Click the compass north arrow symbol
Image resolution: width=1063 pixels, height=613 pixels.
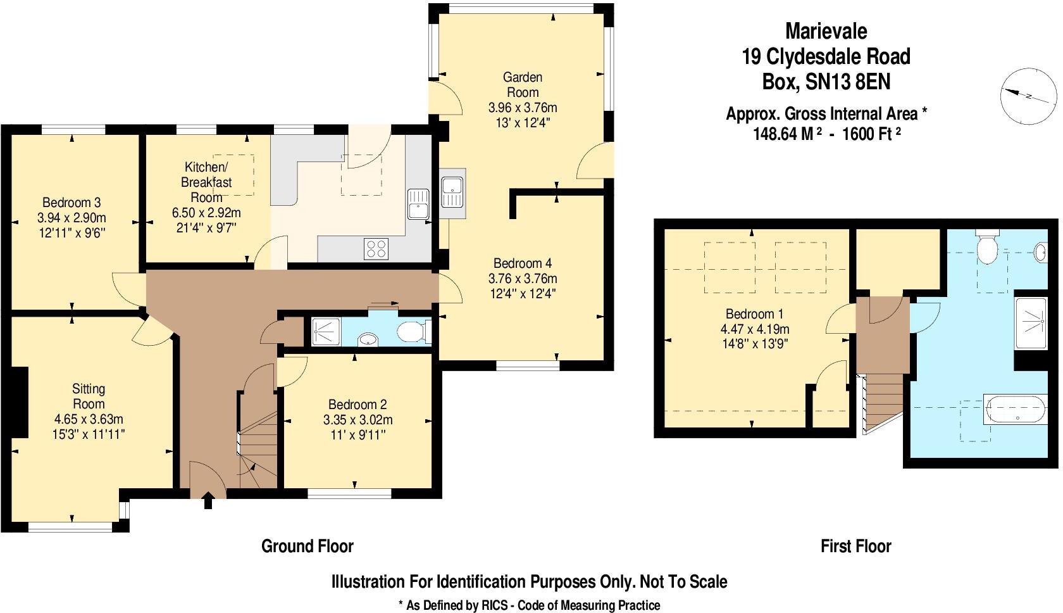(1028, 96)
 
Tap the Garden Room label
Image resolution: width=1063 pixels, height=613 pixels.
(523, 85)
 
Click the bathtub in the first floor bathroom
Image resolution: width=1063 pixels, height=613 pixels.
(1015, 408)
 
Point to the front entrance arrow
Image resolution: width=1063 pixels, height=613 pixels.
(208, 502)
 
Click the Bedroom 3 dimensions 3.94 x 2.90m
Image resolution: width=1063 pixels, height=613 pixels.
(71, 218)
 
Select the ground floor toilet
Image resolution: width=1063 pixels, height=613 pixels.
(414, 331)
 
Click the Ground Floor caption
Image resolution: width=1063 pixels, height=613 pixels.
(308, 546)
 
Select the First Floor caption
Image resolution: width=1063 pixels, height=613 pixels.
(855, 546)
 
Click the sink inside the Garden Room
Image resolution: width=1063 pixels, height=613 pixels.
(453, 193)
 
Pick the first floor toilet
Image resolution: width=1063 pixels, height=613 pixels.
(987, 249)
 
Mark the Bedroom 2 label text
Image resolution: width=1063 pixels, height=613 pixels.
(357, 405)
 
